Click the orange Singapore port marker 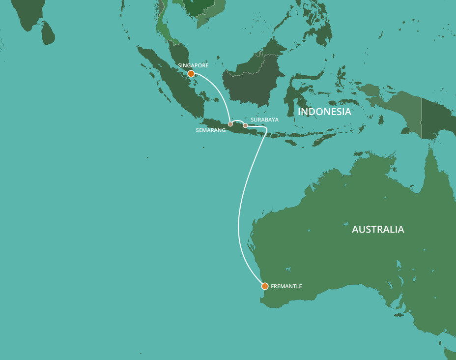tap(191, 74)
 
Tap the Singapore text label tap(193, 65)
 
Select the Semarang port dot tap(230, 124)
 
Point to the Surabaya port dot tap(245, 125)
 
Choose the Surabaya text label tap(264, 120)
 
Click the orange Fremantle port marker tap(265, 286)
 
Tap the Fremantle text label tap(286, 286)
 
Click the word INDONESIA tap(324, 112)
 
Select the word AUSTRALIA tap(378, 229)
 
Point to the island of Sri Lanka tap(47, 33)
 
